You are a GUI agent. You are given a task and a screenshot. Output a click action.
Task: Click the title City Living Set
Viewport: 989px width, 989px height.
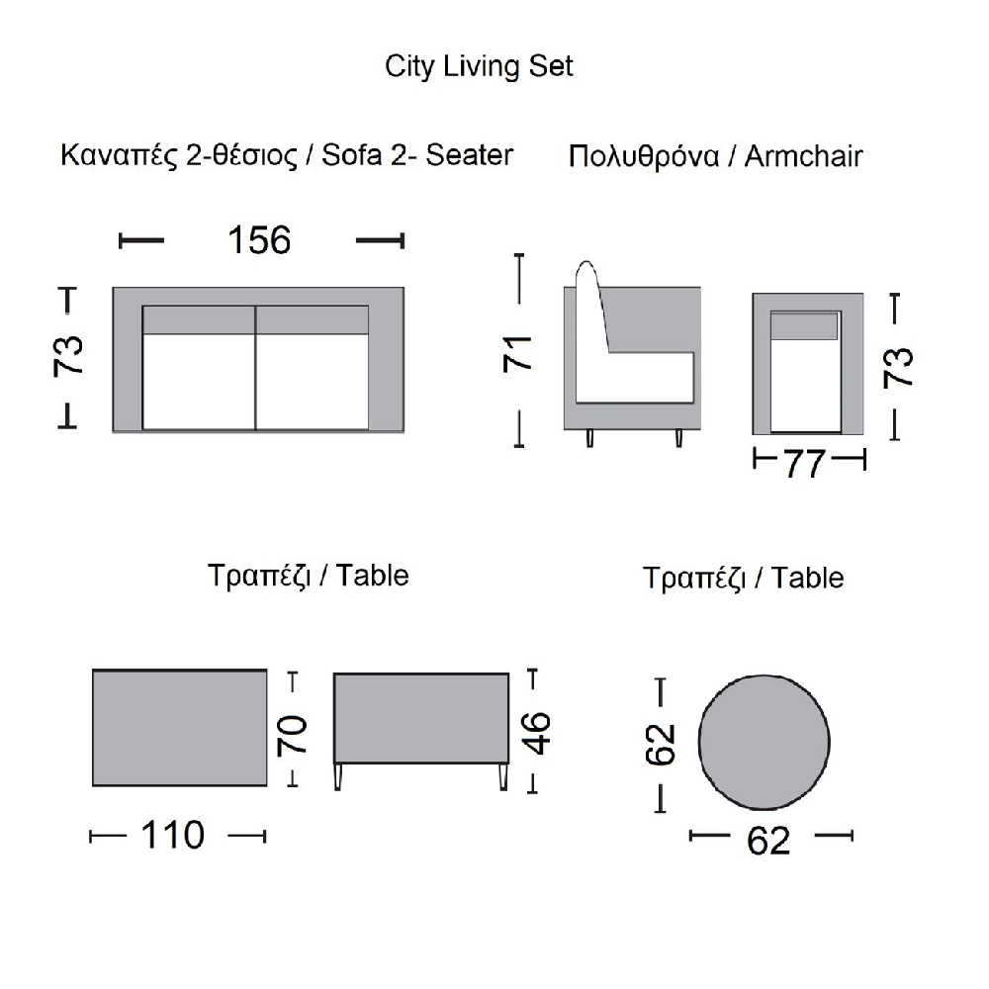pos(479,66)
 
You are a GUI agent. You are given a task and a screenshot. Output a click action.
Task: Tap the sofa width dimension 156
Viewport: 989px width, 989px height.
pos(259,240)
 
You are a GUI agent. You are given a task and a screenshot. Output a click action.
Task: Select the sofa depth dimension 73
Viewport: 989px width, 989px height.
pos(68,356)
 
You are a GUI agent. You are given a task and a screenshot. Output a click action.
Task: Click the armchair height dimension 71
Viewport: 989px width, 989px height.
pos(518,354)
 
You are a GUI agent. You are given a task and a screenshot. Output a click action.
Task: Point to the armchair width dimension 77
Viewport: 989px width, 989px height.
pos(805,464)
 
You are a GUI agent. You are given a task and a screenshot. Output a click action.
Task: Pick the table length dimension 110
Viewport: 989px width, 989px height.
pos(172,835)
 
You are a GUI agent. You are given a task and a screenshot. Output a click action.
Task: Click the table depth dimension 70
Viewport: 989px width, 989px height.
pos(292,735)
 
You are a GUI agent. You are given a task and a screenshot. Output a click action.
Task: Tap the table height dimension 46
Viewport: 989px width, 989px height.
pos(537,733)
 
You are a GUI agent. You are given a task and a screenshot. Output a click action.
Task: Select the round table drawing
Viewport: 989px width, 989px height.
pos(764,742)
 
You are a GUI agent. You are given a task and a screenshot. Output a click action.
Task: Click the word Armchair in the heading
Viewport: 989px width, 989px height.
pos(803,156)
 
